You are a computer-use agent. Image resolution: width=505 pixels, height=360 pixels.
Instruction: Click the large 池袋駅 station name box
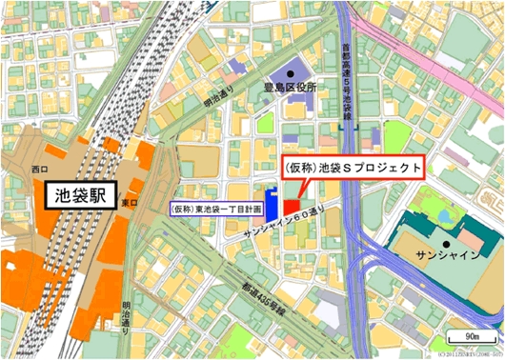[x=82, y=197]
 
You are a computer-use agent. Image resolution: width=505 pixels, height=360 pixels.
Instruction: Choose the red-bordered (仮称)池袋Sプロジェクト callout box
[x=352, y=167]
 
